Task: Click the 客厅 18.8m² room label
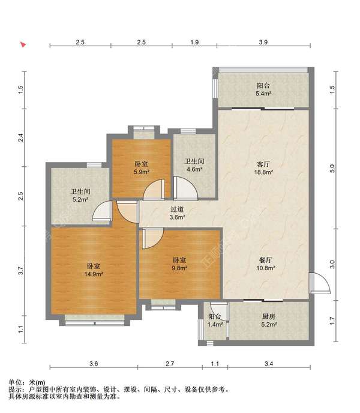click(x=263, y=168)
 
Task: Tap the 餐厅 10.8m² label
click(x=266, y=264)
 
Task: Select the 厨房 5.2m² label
click(x=269, y=321)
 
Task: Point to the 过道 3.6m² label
click(x=177, y=213)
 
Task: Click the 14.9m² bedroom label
click(x=94, y=270)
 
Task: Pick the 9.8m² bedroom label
click(x=179, y=264)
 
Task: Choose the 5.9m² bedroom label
click(x=142, y=168)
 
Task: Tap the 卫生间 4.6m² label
click(x=194, y=165)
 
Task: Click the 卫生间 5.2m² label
click(x=80, y=196)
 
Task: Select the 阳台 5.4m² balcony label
click(x=263, y=89)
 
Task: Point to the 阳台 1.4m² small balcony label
click(x=215, y=321)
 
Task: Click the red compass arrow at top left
click(x=23, y=44)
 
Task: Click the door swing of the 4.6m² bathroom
click(x=185, y=188)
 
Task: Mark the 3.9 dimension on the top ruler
click(x=263, y=42)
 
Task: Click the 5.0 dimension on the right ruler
click(x=332, y=168)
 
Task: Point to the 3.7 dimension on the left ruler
click(x=21, y=271)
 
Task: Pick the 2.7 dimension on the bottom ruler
click(x=170, y=364)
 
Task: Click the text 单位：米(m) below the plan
click(x=27, y=382)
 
